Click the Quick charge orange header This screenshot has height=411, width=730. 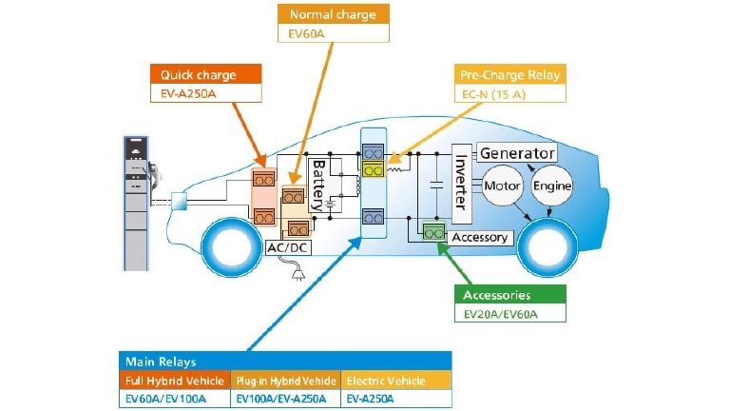205,74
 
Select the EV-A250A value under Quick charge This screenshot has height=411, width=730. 205,93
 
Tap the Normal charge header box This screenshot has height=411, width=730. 333,14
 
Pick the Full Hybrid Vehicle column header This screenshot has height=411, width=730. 175,381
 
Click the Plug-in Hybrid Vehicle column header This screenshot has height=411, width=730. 286,381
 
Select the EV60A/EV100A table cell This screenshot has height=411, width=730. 175,400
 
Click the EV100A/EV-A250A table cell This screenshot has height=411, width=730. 286,400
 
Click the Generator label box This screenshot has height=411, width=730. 516,153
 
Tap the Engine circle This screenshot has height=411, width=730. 551,186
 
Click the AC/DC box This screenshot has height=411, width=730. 288,248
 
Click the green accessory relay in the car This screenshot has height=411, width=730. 434,231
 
